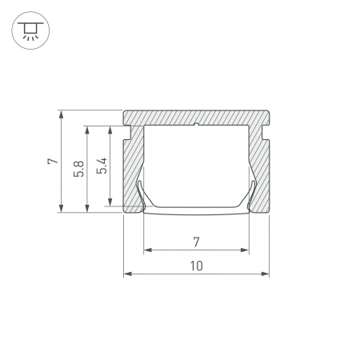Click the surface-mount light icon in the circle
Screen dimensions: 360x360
click(x=30, y=30)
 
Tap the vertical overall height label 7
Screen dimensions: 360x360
click(x=51, y=161)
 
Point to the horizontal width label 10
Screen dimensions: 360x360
click(x=196, y=265)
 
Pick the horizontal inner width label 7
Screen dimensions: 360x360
click(x=196, y=240)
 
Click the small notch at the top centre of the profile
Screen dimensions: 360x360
click(x=196, y=124)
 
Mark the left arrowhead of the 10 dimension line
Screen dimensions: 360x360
click(x=127, y=274)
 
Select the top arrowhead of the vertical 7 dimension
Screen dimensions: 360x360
click(x=62, y=114)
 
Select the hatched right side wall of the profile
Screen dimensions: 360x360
click(x=259, y=168)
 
